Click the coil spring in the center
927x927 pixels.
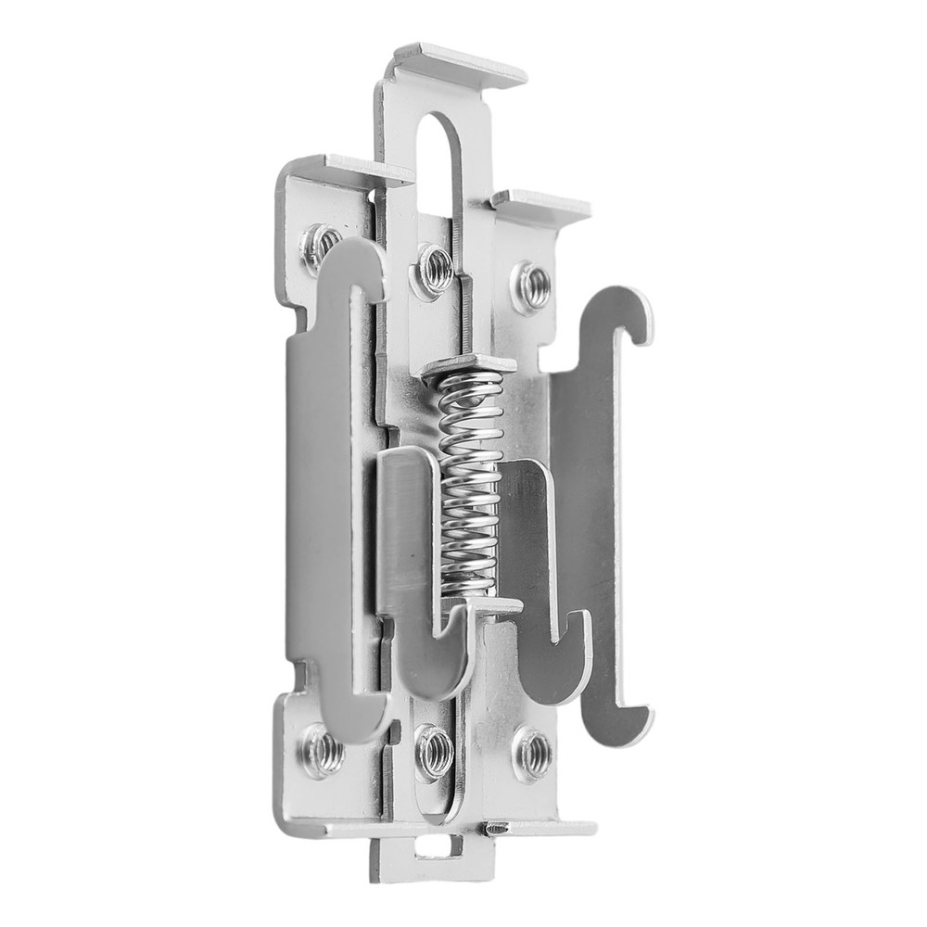[x=471, y=482]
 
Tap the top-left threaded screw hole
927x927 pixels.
[x=320, y=245]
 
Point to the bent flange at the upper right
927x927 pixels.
[x=542, y=204]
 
